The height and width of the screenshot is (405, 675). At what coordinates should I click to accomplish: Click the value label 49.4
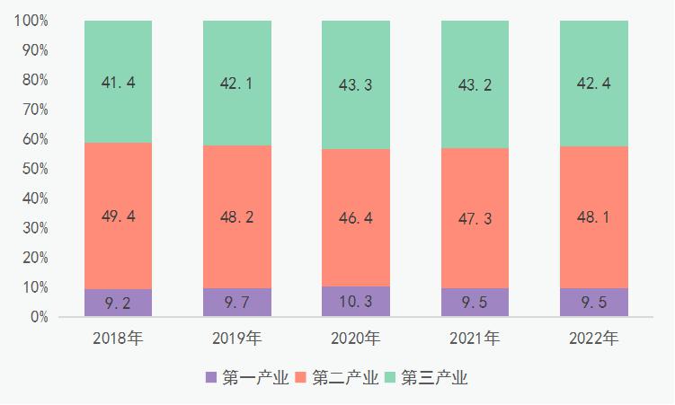pos(118,216)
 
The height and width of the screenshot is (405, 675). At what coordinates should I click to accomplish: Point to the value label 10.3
pos(355,303)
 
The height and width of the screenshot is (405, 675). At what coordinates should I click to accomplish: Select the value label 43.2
pos(475,82)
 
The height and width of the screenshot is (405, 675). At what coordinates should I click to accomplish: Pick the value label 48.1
pos(593,216)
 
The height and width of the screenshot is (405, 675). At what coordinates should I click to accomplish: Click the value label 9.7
pos(236,303)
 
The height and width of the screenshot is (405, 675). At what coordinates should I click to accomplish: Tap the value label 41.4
pos(118,83)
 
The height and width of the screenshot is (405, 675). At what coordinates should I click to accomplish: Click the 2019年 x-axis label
pos(236,339)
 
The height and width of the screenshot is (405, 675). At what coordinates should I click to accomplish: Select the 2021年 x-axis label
pos(475,339)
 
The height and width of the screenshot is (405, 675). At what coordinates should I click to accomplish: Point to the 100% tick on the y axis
pos(31,21)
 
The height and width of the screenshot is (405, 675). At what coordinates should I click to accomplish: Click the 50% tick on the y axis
pos(34,169)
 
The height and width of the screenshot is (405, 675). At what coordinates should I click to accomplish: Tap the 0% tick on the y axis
pos(38,317)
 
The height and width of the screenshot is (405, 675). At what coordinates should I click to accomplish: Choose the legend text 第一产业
pos(255,377)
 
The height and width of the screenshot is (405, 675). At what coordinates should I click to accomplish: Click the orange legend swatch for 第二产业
pos(301,377)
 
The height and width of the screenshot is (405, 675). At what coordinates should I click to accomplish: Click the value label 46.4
pos(355,217)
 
